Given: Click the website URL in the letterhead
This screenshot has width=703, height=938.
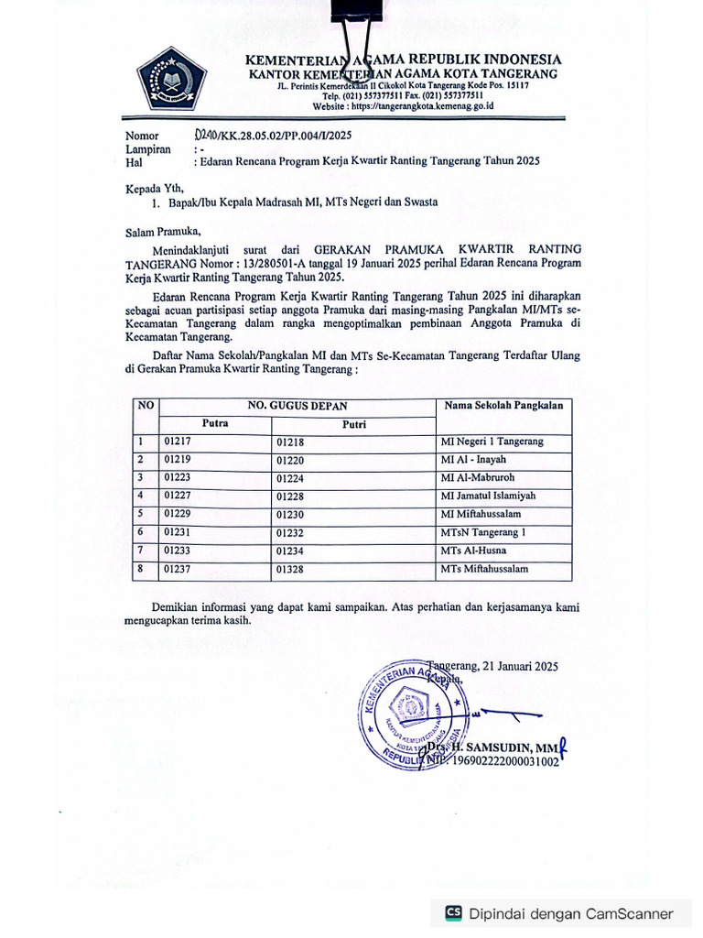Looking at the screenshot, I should tap(403, 106).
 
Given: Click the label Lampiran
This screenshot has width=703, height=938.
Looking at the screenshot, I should tap(147, 148).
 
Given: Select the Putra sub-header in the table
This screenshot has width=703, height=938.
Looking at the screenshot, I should tap(215, 423).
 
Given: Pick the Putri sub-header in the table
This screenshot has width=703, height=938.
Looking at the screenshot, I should tap(354, 424).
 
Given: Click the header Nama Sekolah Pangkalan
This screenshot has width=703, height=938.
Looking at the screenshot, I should tap(503, 405).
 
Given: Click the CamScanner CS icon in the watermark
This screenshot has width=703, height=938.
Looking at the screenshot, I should tap(453, 913).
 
